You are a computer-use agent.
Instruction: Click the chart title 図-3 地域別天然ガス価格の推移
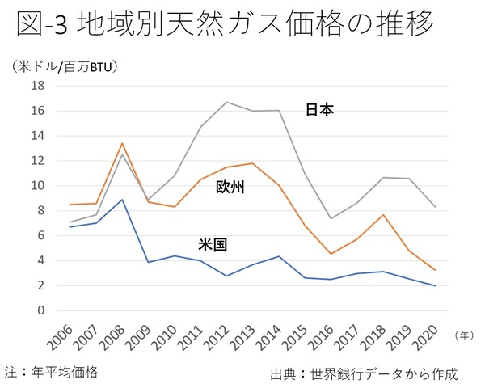coord(226,27)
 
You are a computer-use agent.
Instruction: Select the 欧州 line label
coord(230,188)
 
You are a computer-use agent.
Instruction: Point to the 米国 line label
coord(212,243)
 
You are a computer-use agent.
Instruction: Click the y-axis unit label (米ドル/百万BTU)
coord(65,66)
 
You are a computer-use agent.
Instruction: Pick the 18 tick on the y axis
coord(37,85)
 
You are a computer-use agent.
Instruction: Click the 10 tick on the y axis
coord(37,185)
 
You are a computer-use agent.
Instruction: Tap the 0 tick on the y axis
coord(40,310)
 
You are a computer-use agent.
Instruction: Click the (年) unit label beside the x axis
coord(466,333)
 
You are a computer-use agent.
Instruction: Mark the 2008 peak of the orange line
coord(120,143)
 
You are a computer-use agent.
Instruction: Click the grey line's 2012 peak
coord(226,102)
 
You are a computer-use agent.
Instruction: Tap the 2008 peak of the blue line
coord(120,199)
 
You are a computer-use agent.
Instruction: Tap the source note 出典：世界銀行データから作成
coord(365,374)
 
